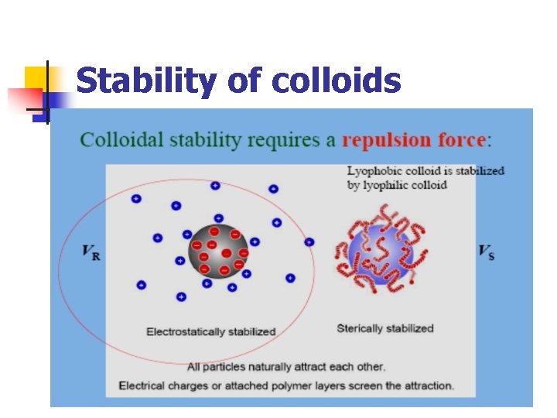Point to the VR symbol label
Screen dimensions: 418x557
(91, 252)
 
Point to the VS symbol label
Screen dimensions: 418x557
(487, 252)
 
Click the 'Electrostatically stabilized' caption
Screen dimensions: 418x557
(210, 332)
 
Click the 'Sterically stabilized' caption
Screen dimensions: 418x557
(385, 328)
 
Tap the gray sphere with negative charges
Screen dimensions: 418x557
(218, 251)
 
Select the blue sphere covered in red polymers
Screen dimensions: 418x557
(374, 251)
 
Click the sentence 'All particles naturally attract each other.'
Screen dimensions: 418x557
(285, 367)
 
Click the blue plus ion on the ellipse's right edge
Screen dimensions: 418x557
(309, 242)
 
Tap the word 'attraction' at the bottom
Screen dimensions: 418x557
(428, 385)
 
